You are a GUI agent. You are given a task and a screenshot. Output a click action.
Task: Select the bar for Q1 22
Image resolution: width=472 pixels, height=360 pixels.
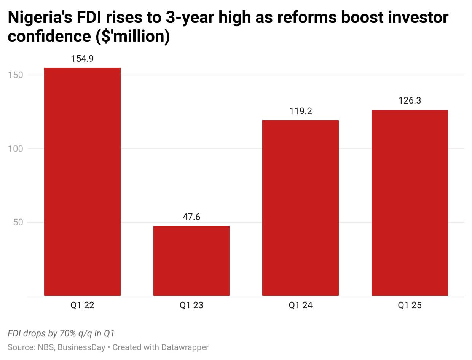click(82, 182)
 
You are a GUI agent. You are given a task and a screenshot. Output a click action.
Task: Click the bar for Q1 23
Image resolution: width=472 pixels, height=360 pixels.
click(191, 261)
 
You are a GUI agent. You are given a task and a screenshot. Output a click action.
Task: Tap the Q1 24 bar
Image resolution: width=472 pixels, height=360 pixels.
click(300, 208)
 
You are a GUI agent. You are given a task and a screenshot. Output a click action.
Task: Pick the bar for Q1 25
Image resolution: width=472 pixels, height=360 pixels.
click(410, 202)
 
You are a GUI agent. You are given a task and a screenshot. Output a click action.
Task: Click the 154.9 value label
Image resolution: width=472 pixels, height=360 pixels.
click(82, 59)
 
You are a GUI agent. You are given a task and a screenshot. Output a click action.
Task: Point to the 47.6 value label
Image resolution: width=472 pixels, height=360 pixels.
click(191, 217)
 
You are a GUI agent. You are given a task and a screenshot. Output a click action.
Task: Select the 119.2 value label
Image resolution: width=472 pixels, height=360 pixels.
click(300, 111)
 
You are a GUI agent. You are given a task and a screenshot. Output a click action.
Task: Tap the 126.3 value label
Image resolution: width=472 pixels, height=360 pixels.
click(410, 101)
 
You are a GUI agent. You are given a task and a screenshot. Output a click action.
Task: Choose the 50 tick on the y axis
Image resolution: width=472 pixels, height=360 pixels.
click(18, 222)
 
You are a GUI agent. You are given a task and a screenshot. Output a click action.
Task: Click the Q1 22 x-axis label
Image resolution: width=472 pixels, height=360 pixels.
click(82, 305)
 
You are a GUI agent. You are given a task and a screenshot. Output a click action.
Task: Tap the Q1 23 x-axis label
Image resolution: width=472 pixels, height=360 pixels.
click(191, 305)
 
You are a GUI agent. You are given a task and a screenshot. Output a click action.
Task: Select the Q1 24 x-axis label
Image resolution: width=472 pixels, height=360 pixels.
click(300, 305)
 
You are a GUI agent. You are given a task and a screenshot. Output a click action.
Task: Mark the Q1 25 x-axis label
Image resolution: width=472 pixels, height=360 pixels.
click(410, 305)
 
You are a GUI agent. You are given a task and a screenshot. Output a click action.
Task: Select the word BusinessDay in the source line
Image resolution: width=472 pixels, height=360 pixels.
click(81, 347)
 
